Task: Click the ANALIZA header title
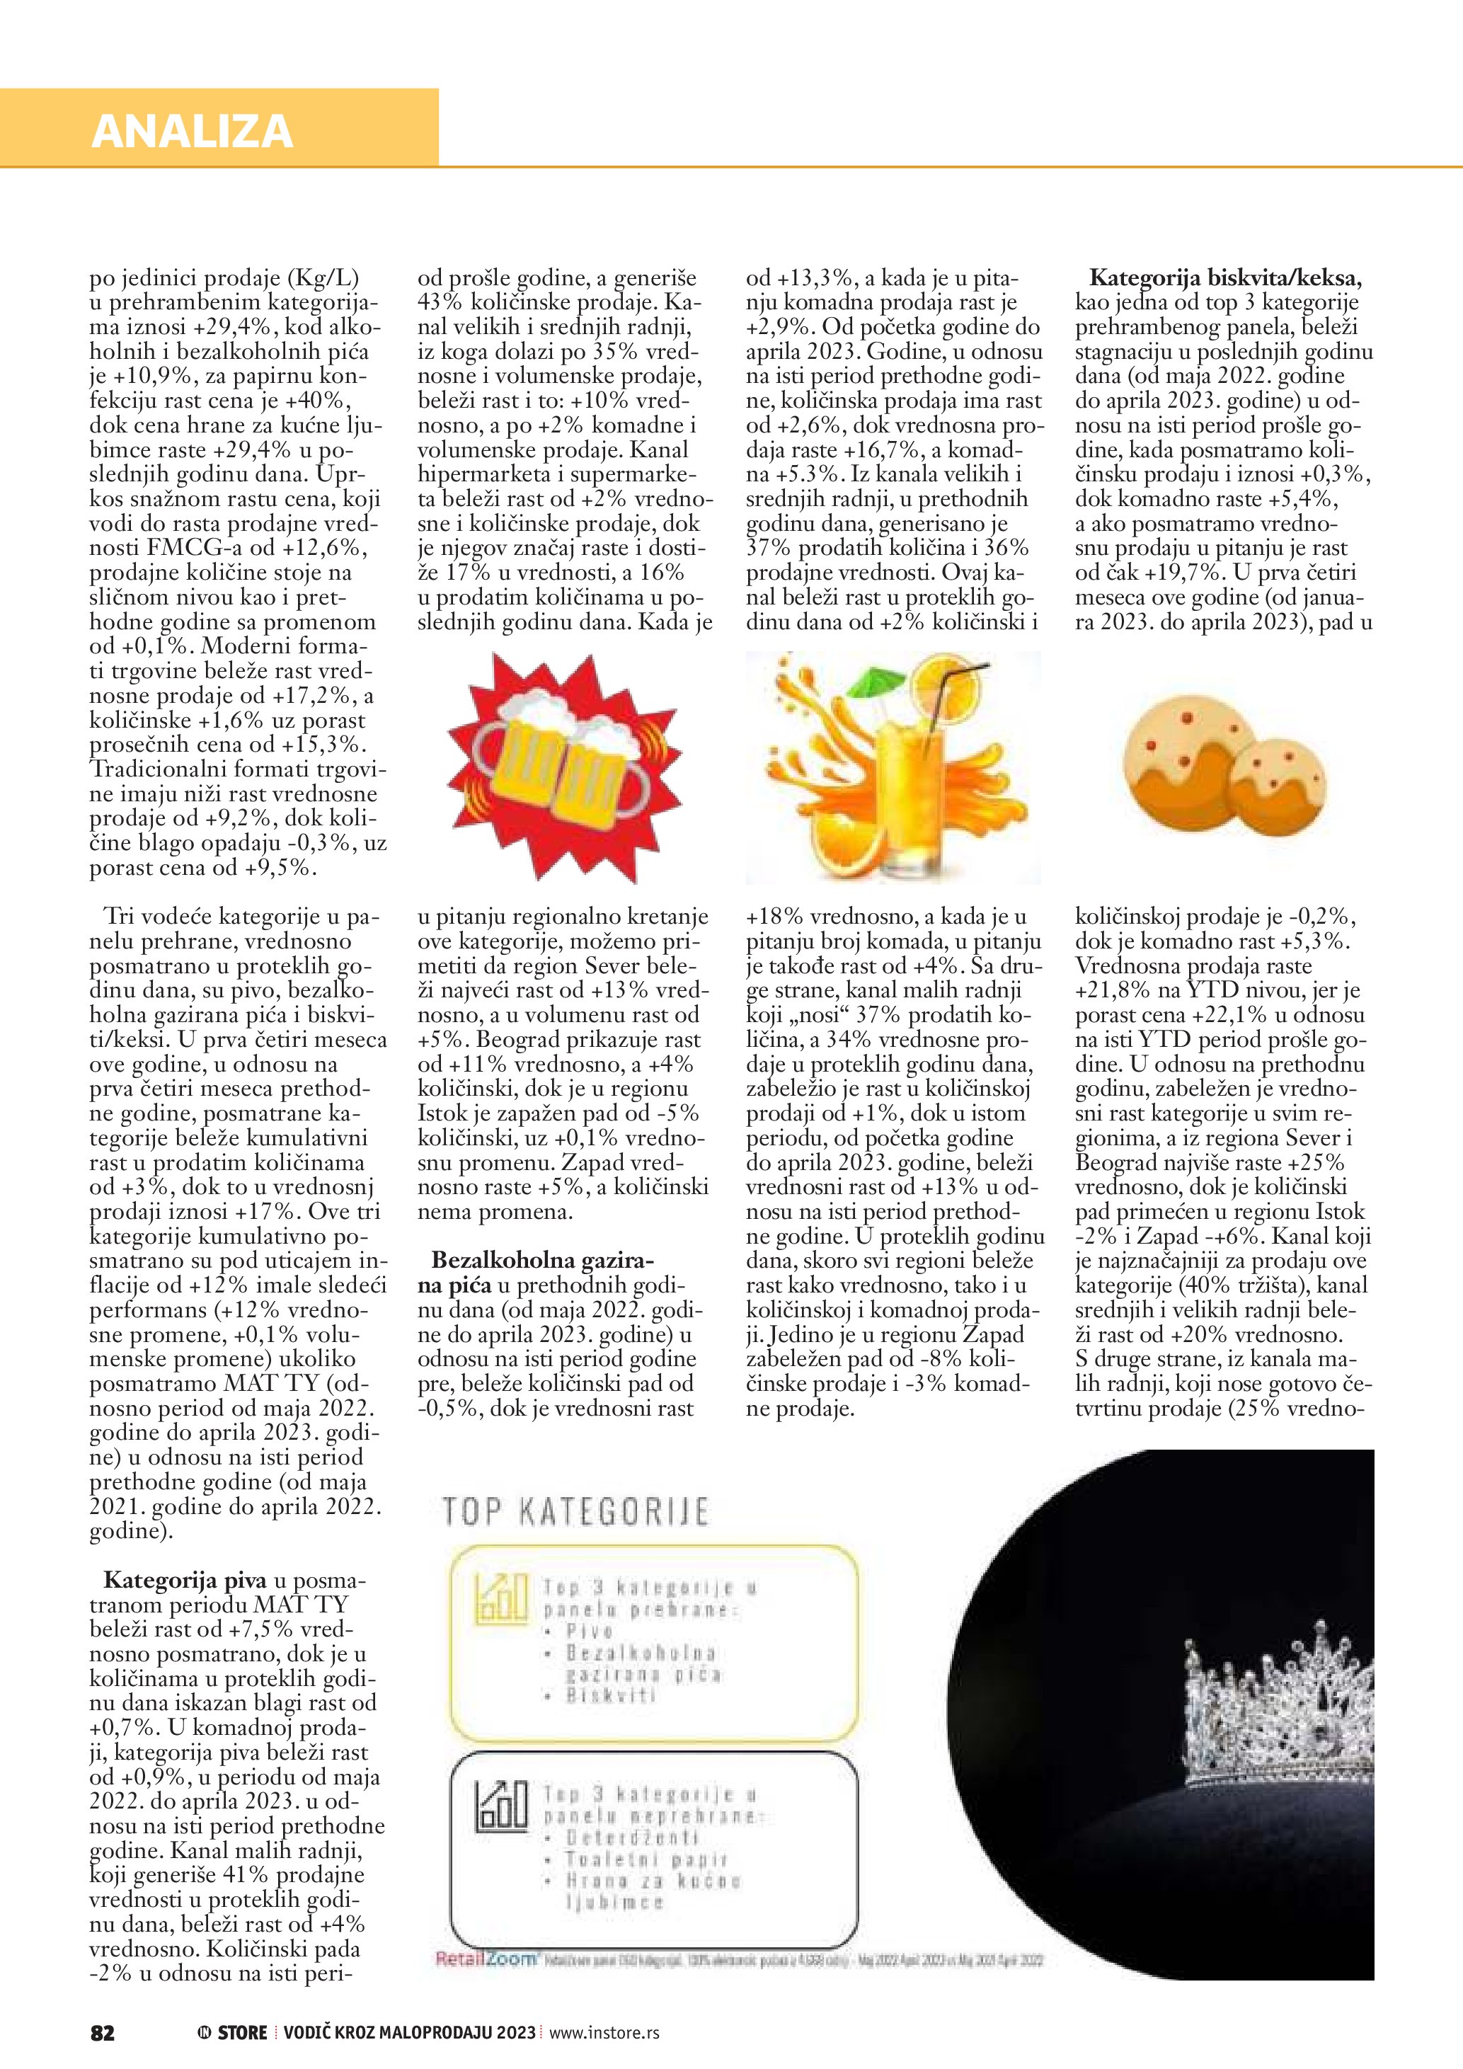[x=192, y=132]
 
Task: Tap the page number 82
[x=103, y=2032]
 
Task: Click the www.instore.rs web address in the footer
[x=604, y=2032]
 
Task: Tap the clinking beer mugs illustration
[x=564, y=766]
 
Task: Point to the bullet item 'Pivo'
[x=590, y=1630]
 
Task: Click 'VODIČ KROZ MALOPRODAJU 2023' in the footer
[x=409, y=2032]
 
